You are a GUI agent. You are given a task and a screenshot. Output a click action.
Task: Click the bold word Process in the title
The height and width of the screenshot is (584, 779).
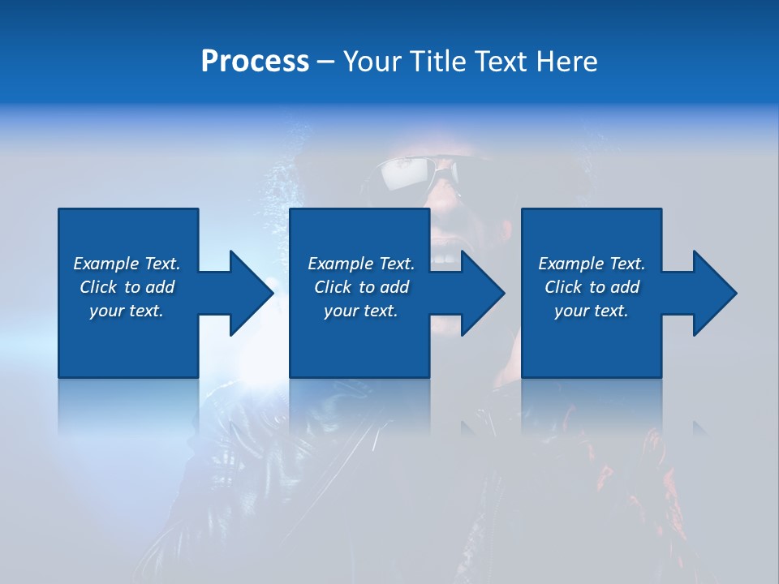coord(255,62)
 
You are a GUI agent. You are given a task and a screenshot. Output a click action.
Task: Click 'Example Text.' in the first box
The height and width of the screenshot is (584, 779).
coord(127,264)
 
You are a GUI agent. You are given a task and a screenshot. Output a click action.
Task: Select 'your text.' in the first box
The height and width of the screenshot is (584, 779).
coord(127,311)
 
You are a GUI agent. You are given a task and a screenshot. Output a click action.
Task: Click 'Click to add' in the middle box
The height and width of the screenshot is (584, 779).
coord(361,287)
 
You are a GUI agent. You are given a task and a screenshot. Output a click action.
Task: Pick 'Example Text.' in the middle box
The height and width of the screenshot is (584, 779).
coord(361,264)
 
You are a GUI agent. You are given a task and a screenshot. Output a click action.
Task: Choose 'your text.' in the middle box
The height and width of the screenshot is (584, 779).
coord(361,311)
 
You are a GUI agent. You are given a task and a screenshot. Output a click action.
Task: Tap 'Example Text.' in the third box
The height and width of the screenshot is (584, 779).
coord(592,264)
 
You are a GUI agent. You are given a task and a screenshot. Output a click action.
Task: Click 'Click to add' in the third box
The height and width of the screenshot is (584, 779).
coord(592,287)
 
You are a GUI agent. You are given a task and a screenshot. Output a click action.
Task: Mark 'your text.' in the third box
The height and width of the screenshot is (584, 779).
coord(592,311)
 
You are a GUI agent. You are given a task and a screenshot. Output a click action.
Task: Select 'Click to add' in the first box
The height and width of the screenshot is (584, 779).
coord(127,287)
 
